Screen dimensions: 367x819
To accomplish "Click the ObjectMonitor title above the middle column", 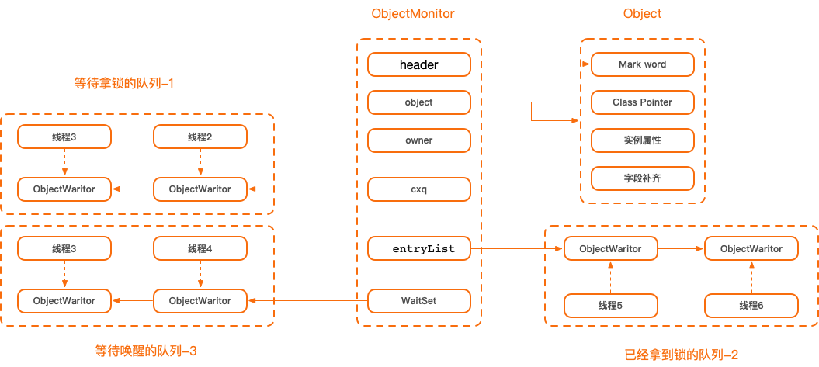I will (x=413, y=14).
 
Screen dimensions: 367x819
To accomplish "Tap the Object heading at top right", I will (x=642, y=14).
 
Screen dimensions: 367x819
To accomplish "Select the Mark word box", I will (x=642, y=64).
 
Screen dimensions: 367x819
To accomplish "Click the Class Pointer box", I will (x=642, y=102).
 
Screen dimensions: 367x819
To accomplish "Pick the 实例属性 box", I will (x=642, y=140).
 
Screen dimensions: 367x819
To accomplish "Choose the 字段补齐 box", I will (x=642, y=178).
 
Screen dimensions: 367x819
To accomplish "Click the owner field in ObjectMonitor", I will (x=419, y=140).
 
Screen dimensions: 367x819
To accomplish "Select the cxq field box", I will (x=419, y=189).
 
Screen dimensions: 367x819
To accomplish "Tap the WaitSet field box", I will (x=419, y=300).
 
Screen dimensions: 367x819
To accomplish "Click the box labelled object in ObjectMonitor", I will (x=419, y=102).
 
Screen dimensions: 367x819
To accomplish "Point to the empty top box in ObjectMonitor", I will (x=419, y=64).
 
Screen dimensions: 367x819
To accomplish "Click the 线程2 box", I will (x=200, y=137).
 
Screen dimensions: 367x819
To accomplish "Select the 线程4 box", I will (x=200, y=249).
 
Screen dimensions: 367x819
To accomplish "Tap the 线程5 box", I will (x=610, y=306).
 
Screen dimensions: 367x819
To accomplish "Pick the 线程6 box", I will (x=751, y=306).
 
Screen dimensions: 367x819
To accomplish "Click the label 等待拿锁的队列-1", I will (x=124, y=84).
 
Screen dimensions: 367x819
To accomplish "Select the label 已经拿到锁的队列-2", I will (x=681, y=355).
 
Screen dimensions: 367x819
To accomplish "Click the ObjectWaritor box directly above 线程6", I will (x=751, y=249).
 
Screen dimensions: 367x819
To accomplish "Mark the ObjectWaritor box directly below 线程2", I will (x=200, y=189).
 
